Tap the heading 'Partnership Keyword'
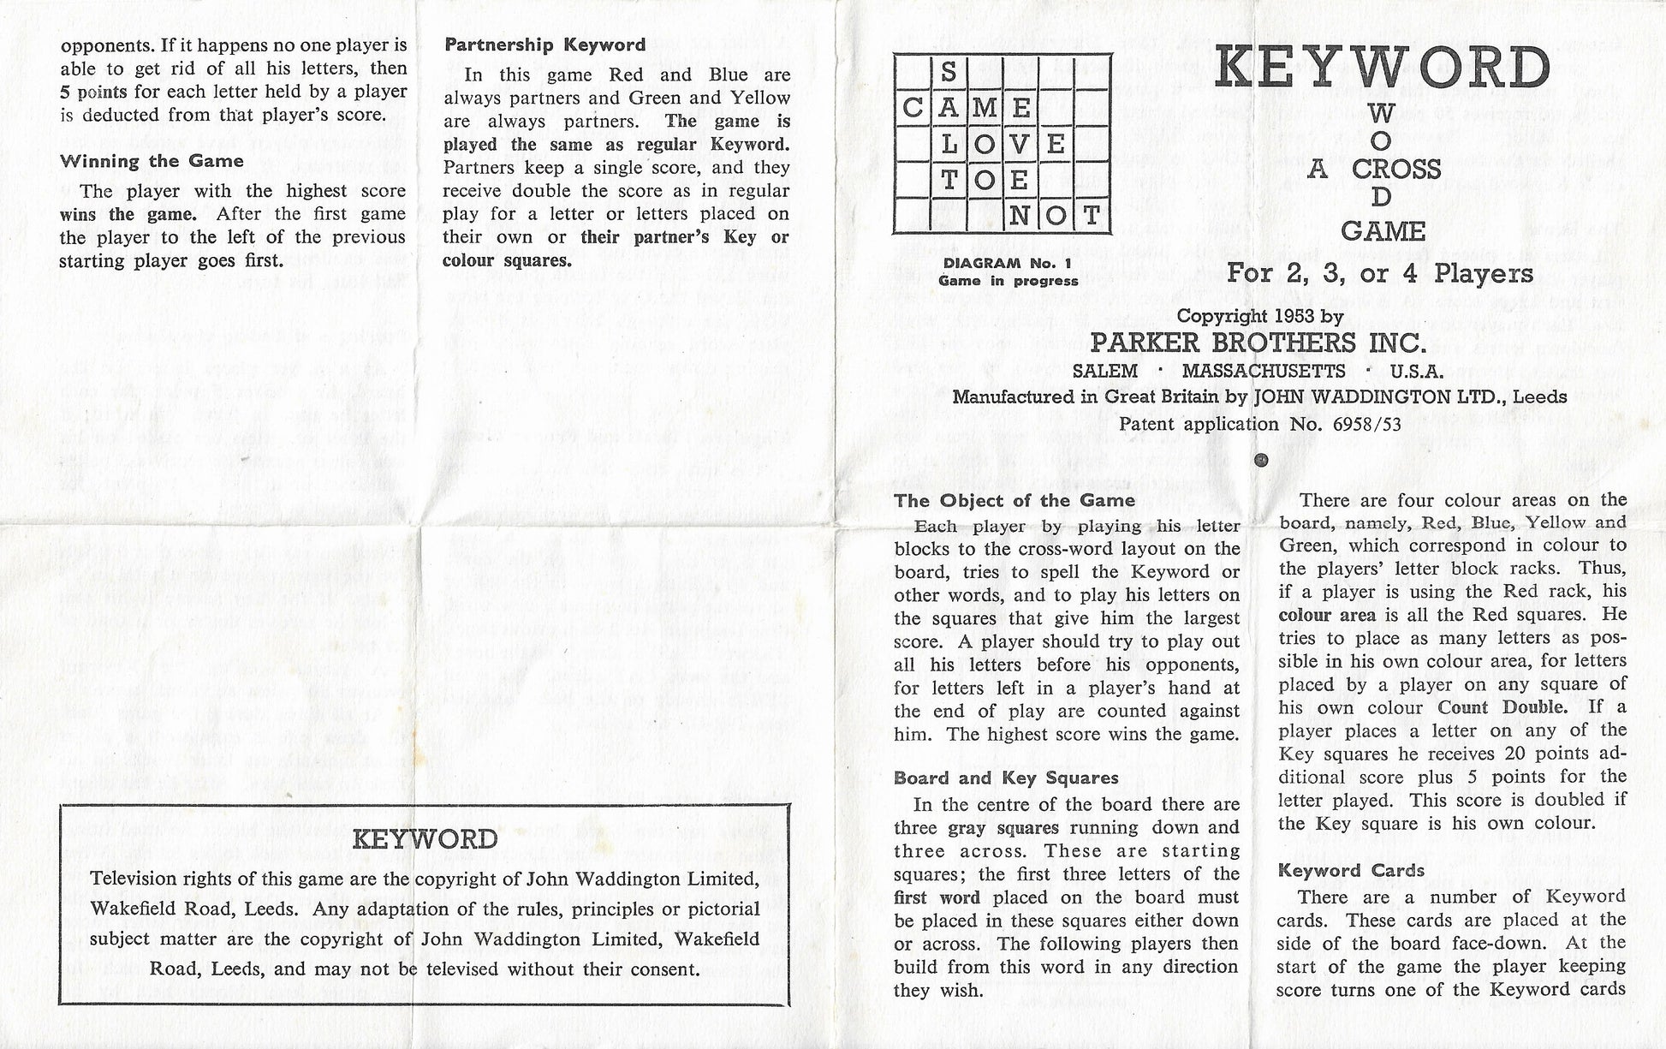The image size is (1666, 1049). tap(545, 45)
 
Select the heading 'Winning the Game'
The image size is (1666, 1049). tap(152, 161)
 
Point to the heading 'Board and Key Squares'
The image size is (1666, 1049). tap(1006, 778)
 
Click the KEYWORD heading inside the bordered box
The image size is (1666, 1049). tap(425, 839)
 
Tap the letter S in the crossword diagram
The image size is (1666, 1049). tap(948, 72)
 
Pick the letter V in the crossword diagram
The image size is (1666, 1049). tap(1019, 144)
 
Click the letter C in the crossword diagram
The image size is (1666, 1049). tap(913, 108)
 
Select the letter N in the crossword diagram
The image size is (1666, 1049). tap(1019, 216)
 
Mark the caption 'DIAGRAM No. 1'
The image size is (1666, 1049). tap(1008, 264)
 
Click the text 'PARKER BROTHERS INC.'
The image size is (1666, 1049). tap(1258, 343)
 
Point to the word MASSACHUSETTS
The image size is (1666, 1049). tap(1264, 372)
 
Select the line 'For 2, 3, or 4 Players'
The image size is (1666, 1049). tap(1379, 273)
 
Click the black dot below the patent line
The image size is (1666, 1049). tap(1260, 461)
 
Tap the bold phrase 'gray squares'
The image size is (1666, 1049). tap(1003, 828)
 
